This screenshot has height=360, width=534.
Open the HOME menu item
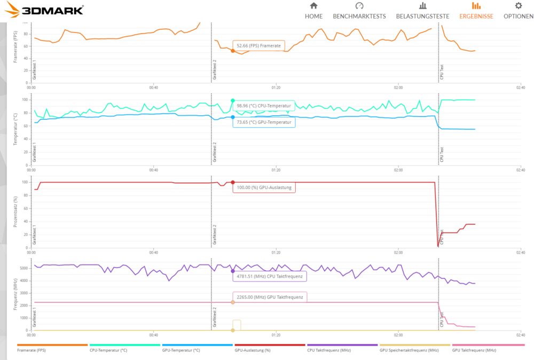[313, 11]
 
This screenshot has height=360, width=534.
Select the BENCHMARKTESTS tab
[359, 11]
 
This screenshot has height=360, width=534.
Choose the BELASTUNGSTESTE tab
[422, 11]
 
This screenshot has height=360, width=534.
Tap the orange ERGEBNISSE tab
[476, 11]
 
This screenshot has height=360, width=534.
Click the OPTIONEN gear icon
[518, 6]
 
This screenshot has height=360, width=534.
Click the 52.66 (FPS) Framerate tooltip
[259, 46]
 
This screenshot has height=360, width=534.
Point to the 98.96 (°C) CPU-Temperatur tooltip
[264, 106]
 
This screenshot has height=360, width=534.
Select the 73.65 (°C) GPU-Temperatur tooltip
[264, 122]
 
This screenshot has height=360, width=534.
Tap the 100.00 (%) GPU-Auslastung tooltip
[264, 187]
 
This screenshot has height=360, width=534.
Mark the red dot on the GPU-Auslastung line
[233, 182]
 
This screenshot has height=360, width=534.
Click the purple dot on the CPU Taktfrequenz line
[233, 271]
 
